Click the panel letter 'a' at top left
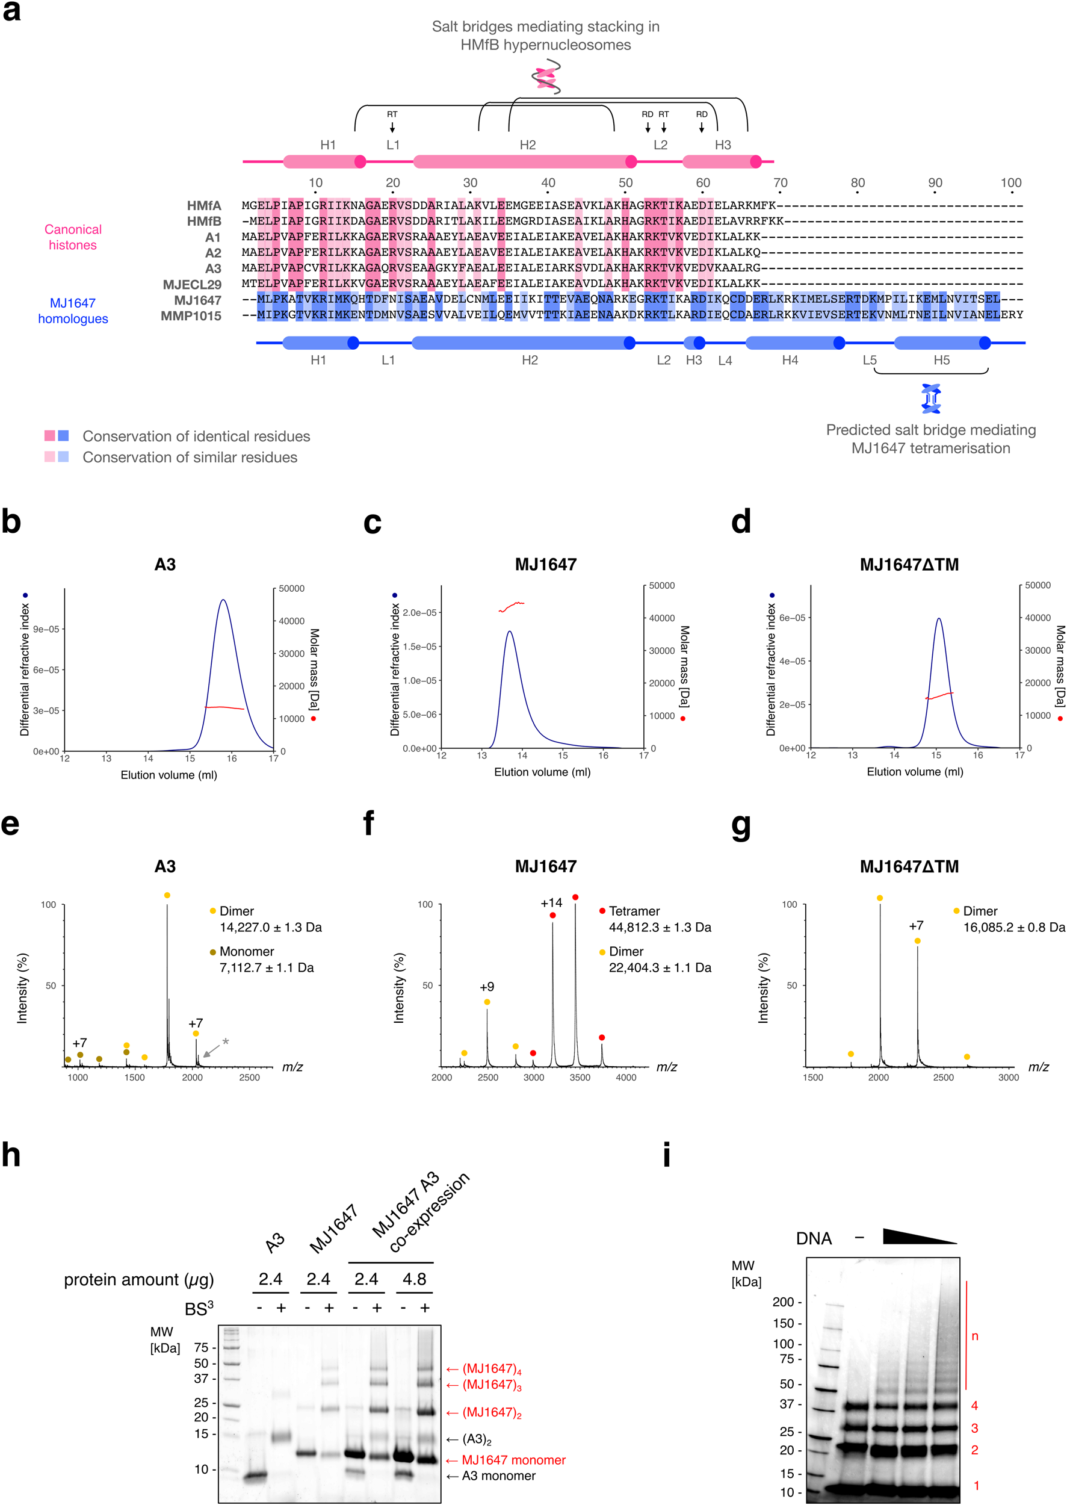point(11,12)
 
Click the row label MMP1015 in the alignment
point(191,316)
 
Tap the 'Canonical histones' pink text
point(73,237)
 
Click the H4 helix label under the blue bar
point(790,360)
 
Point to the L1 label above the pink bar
point(393,144)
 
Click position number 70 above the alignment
point(780,182)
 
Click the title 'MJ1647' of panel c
point(545,565)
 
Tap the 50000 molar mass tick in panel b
point(292,588)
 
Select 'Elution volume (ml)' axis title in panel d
point(915,772)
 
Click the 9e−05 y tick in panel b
point(46,629)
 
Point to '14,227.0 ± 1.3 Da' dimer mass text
point(271,927)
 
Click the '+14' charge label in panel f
point(551,903)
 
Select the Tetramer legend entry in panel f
point(633,911)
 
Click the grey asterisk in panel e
point(225,1042)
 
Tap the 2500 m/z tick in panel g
point(943,1077)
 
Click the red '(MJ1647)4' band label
point(492,1369)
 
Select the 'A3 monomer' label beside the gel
point(498,1476)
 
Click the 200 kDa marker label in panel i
point(782,1302)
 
